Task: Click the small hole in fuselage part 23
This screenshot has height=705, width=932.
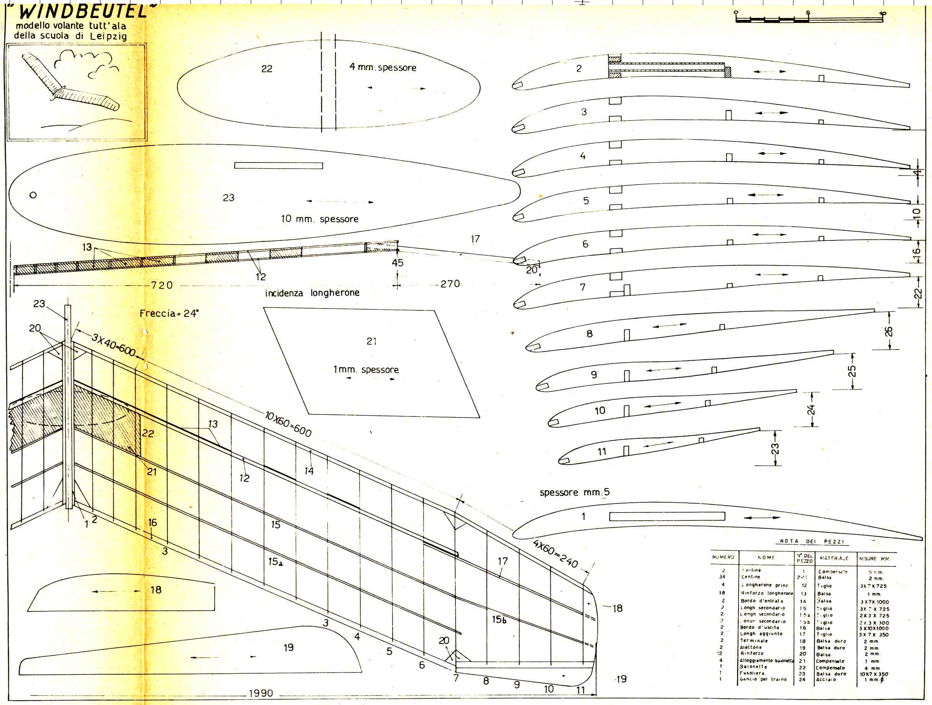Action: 33,195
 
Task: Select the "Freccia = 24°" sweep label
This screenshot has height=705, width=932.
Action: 169,314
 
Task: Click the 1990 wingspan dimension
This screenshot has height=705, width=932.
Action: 261,693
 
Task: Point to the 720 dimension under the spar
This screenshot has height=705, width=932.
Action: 162,285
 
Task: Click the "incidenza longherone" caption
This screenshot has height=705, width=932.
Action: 312,293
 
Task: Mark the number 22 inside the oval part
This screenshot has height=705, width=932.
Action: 267,69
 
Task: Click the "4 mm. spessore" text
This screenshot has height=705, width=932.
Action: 383,67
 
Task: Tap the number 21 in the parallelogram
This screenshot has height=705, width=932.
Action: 371,341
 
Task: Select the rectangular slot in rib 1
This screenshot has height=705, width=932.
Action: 667,517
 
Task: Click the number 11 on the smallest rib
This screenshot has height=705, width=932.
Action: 602,452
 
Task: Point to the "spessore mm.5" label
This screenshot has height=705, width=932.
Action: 574,492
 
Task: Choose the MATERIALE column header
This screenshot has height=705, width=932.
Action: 834,558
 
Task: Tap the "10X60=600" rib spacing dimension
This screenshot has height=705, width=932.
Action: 288,424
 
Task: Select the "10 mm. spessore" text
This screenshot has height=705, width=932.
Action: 319,219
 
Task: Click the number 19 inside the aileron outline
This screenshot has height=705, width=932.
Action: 288,647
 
